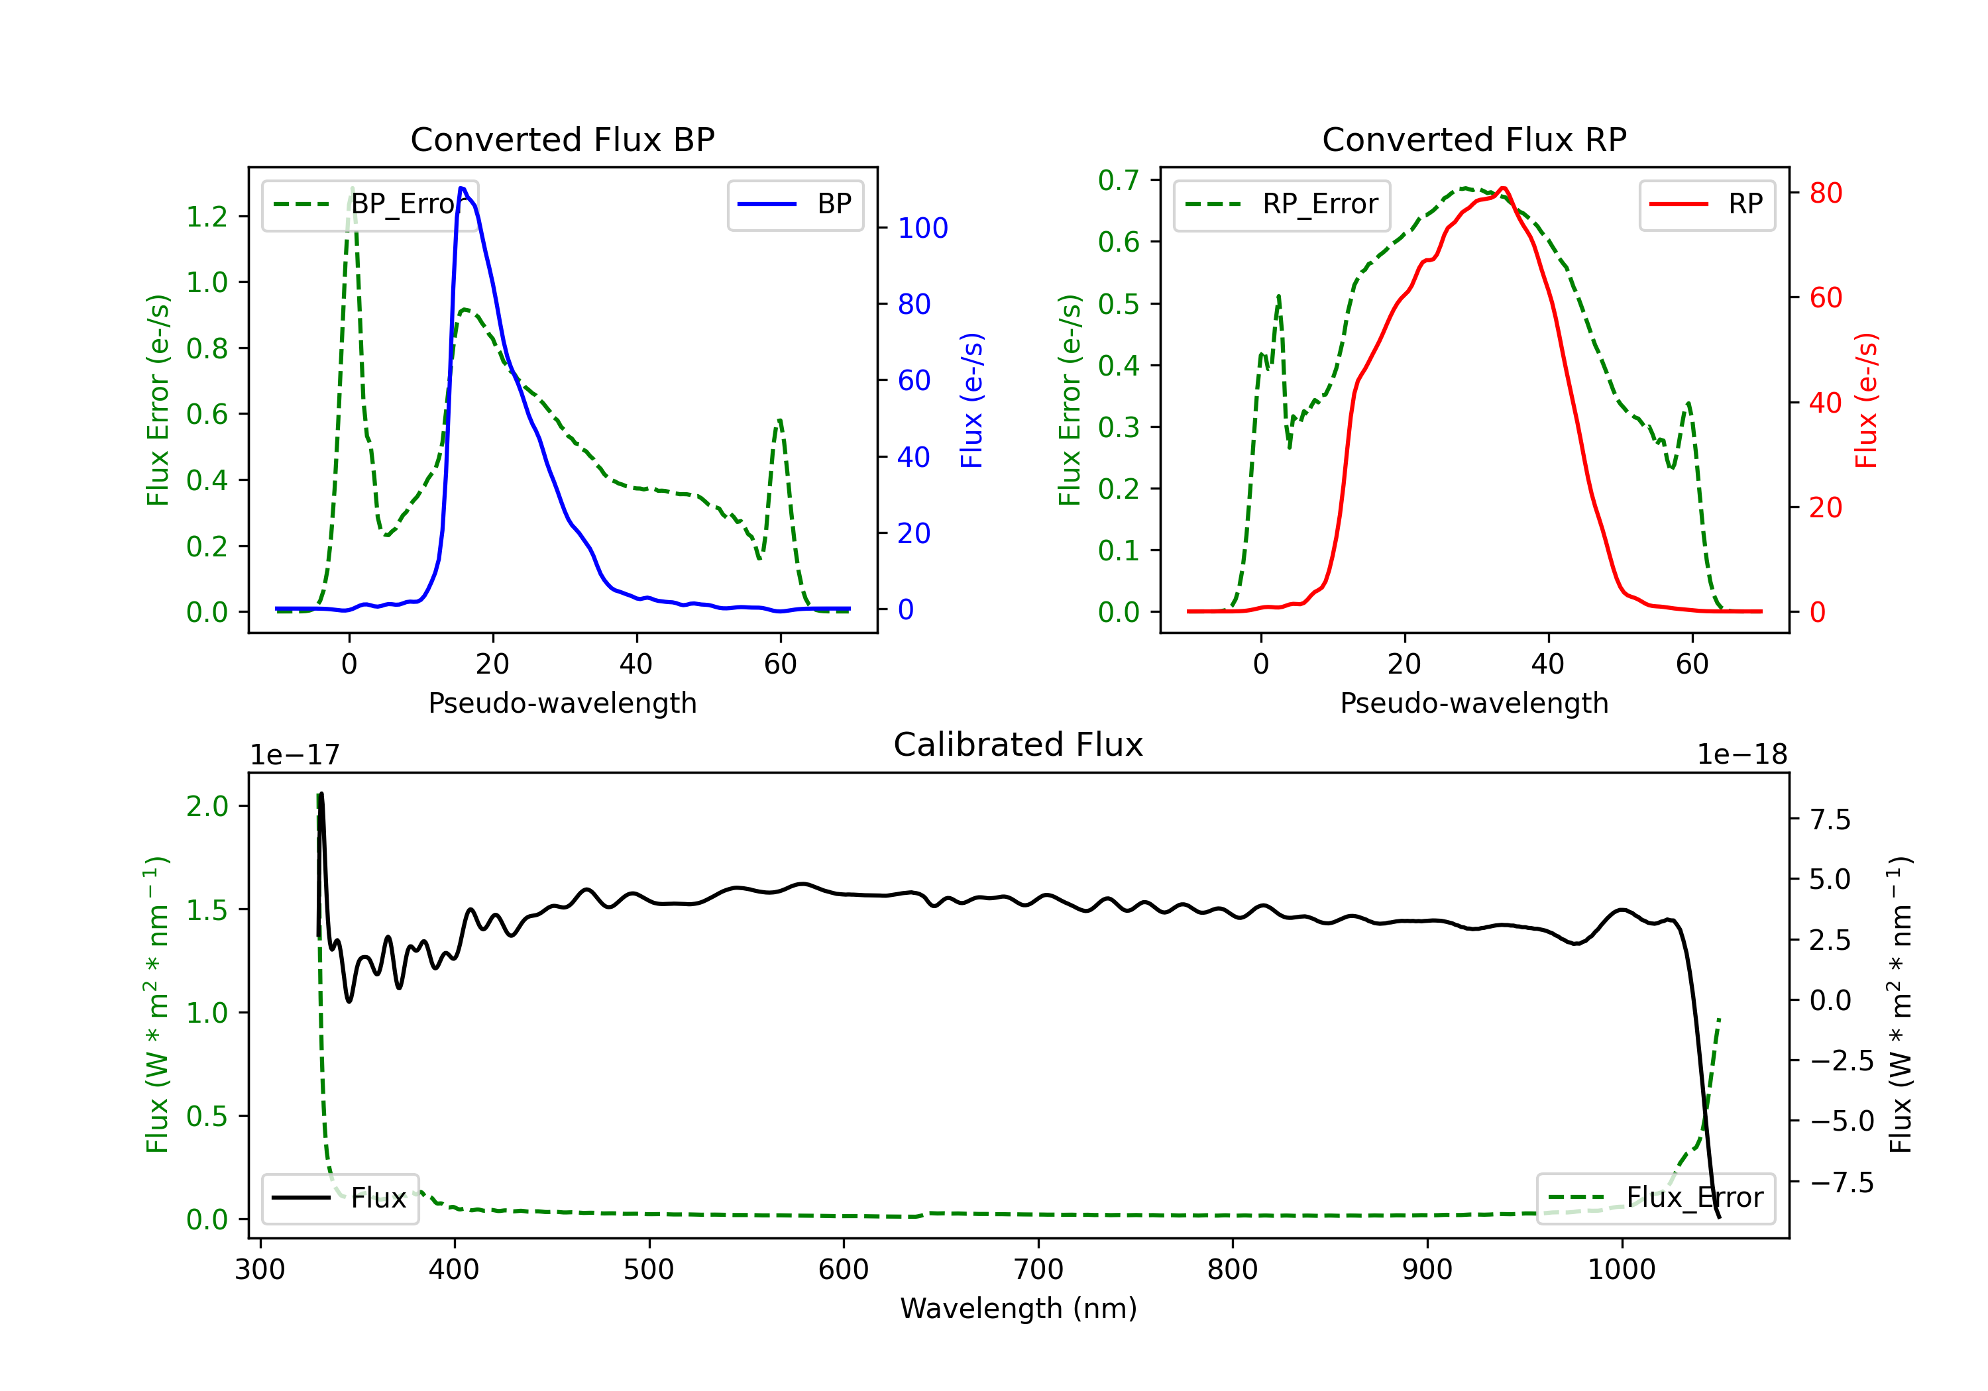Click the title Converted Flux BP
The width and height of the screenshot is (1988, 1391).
(562, 139)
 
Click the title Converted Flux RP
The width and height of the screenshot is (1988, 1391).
(1474, 139)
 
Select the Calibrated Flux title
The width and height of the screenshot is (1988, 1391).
(1019, 745)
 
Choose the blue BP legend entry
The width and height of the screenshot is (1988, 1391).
(795, 204)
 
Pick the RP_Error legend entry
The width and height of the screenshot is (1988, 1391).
(1282, 204)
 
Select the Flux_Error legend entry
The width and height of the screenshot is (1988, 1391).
(1655, 1198)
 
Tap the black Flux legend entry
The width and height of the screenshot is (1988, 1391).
(339, 1198)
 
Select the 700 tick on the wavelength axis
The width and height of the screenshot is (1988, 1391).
(1038, 1270)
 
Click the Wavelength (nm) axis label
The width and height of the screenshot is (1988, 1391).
(1019, 1309)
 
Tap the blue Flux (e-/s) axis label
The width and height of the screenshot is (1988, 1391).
(971, 400)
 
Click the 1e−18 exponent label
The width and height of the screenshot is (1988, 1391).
(1742, 755)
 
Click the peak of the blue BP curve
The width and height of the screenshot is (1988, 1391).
(461, 188)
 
